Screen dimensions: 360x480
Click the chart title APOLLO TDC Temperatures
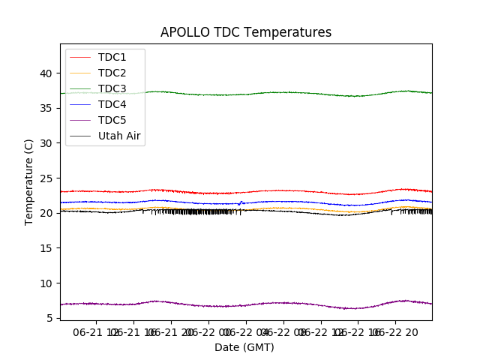pos(246,32)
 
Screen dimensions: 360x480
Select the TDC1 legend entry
pos(112,57)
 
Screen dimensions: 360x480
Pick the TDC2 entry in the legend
pos(112,73)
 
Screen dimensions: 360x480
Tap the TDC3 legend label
pos(112,88)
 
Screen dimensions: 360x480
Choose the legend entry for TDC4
pos(112,104)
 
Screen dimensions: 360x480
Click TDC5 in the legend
pos(112,120)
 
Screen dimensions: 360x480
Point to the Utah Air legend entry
pos(119,136)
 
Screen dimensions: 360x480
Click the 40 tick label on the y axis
pos(46,73)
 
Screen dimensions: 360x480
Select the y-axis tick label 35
pos(46,108)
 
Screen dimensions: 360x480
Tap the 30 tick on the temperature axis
pos(46,143)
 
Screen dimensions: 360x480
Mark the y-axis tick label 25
pos(46,178)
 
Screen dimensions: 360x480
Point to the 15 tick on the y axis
pos(46,248)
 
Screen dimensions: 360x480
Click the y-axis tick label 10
pos(46,283)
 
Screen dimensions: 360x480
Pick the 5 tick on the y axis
pos(49,318)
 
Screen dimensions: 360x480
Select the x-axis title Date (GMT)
pos(244,347)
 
